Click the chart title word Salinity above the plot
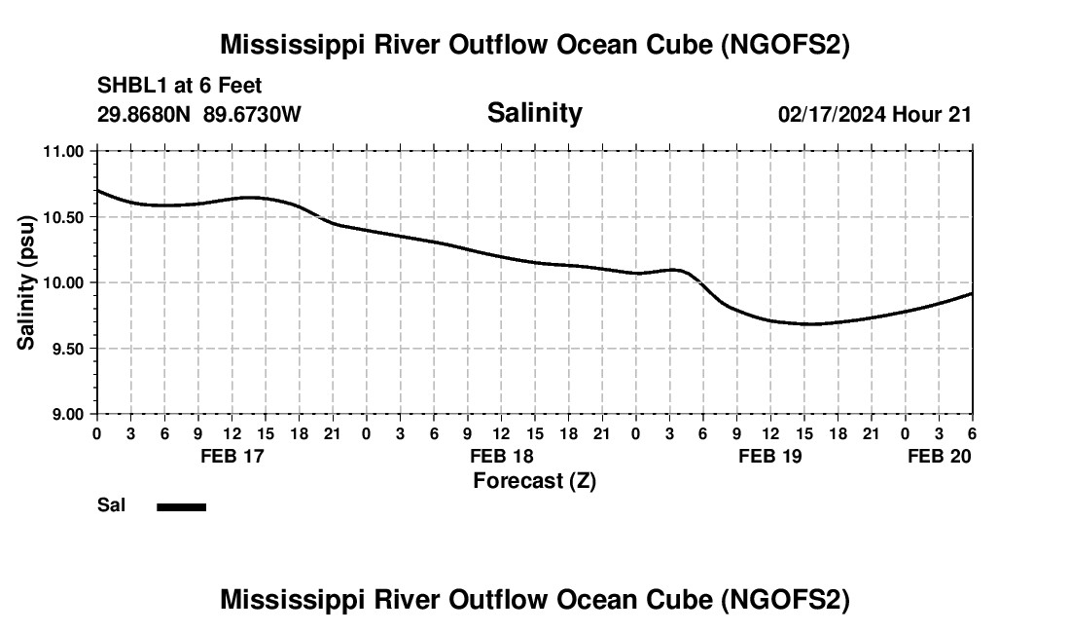(534, 113)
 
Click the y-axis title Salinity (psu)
(26, 282)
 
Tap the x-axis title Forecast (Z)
(534, 480)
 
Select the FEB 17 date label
(232, 456)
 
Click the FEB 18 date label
(501, 456)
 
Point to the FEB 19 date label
(770, 456)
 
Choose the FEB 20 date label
(940, 456)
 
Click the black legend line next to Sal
(181, 506)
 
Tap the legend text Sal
(111, 505)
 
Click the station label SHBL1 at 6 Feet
(179, 87)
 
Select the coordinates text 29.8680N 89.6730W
(199, 114)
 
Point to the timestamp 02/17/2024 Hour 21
(874, 114)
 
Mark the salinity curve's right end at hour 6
(972, 293)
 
